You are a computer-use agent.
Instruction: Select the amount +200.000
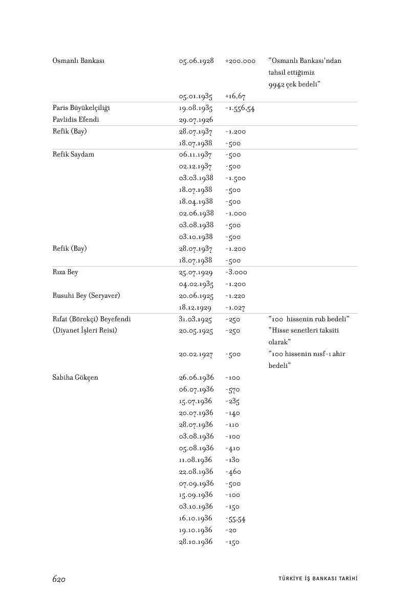[x=240, y=61]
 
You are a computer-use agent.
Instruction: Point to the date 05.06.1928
[x=196, y=61]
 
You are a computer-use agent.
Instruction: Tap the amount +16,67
[x=235, y=96]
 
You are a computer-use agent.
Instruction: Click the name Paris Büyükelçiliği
[x=81, y=108]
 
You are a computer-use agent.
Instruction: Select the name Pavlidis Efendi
[x=76, y=120]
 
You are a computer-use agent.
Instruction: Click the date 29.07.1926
[x=196, y=120]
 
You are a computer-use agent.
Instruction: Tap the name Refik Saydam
[x=73, y=155]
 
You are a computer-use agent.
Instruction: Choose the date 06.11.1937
[x=196, y=155]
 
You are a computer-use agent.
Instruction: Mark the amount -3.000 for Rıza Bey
[x=236, y=272]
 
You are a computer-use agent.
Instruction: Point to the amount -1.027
[x=235, y=308]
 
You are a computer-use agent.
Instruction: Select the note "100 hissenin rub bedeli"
[x=309, y=319]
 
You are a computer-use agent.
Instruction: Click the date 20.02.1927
[x=196, y=354]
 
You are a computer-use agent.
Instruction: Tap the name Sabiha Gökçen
[x=75, y=378]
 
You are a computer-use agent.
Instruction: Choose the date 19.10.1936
[x=196, y=530]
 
